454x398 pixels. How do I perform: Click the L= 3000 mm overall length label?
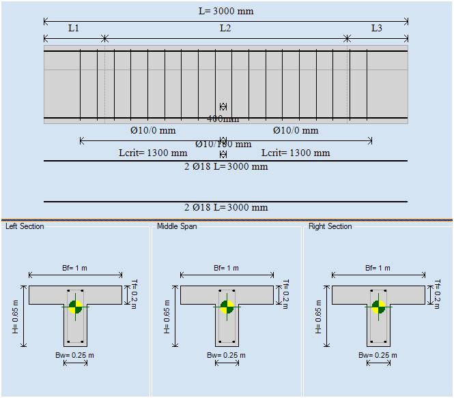click(225, 11)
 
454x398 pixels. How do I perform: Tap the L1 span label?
click(74, 28)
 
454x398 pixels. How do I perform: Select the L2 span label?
click(225, 28)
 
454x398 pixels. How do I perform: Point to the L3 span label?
click(377, 28)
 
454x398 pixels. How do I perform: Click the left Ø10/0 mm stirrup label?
click(153, 130)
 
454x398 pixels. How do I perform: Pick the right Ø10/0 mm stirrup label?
click(296, 130)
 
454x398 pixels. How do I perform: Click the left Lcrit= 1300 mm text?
click(153, 153)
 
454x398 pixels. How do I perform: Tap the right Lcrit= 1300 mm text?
click(296, 153)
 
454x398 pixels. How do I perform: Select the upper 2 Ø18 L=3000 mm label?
click(226, 166)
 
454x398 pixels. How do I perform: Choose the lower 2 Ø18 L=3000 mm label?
click(226, 207)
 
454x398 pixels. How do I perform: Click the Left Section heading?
click(25, 226)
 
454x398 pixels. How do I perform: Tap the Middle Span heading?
click(177, 226)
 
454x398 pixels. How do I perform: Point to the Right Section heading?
click(330, 226)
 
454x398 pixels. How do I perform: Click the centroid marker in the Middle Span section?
click(227, 307)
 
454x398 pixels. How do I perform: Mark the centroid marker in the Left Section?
click(76, 307)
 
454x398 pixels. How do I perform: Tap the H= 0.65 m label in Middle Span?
click(167, 314)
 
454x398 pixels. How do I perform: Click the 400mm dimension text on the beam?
click(223, 119)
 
